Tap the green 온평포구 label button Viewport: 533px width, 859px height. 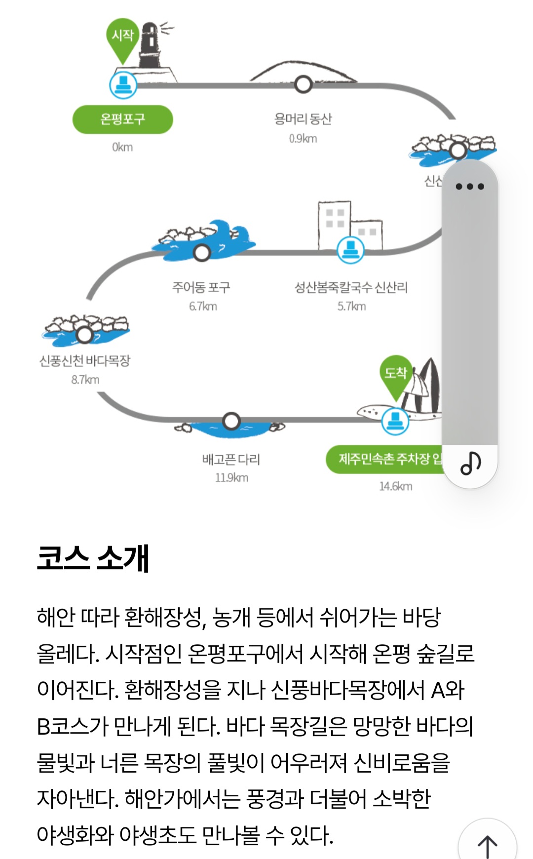coord(122,119)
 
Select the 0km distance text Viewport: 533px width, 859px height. coord(122,147)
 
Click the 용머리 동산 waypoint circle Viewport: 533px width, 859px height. coord(303,84)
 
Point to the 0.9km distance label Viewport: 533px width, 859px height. coord(303,139)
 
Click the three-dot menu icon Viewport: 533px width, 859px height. coord(469,187)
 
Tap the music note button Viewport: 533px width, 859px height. coord(470,463)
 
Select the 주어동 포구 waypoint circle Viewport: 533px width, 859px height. coord(202,252)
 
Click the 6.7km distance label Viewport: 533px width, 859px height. coord(203,307)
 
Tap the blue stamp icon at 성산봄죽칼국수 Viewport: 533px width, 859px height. coord(350,249)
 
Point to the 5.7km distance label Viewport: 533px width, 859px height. coord(351,307)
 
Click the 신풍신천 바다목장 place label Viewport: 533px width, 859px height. coord(85,361)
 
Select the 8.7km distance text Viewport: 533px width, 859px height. coord(85,380)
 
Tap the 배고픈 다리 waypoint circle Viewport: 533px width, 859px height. coord(231,421)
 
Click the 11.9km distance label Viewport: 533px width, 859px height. coord(231,478)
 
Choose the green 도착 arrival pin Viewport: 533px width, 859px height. coord(395,374)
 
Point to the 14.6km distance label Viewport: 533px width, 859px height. coord(395,486)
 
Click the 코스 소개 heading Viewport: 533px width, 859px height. coord(93,558)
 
